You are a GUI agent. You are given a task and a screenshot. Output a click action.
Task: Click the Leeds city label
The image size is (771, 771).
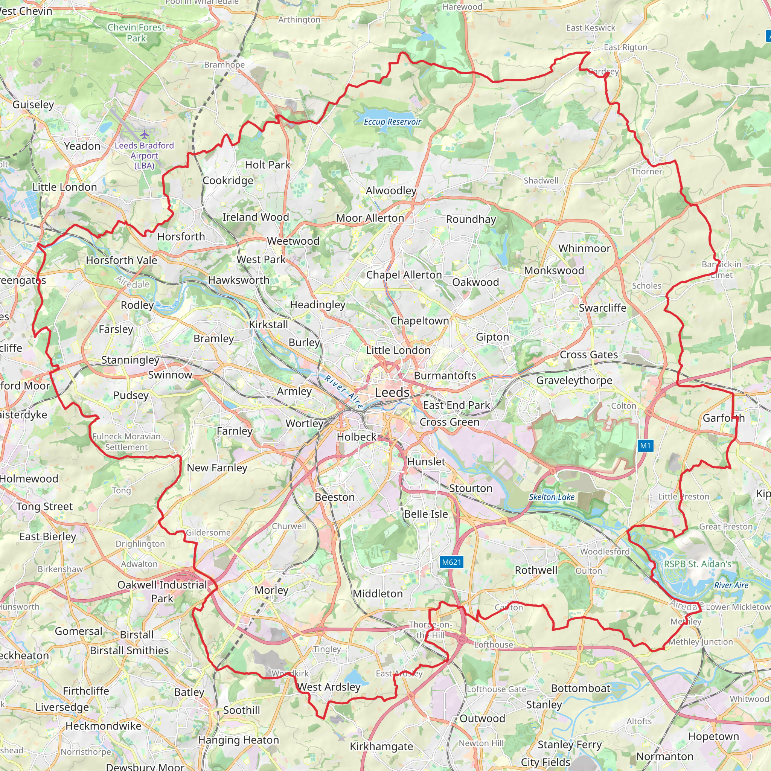tap(392, 392)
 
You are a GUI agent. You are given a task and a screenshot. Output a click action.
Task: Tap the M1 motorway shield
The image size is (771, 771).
tap(645, 445)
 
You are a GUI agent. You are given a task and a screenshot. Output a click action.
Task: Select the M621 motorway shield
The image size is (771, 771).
tap(452, 562)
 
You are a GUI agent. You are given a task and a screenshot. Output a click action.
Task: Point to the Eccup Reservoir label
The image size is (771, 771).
tap(392, 122)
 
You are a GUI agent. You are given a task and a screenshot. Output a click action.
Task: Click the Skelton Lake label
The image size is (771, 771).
tap(552, 497)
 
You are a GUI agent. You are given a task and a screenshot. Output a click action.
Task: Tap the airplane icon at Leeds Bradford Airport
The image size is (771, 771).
tap(145, 134)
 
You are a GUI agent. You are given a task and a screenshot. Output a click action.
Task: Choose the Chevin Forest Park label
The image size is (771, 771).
tap(136, 33)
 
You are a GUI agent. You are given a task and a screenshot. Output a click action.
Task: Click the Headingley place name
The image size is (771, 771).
tap(318, 305)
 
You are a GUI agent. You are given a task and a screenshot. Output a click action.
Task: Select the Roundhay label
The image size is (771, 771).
tap(471, 219)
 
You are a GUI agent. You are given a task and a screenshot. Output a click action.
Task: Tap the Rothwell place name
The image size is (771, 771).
tap(536, 570)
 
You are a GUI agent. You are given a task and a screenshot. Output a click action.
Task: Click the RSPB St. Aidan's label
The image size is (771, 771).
tap(698, 564)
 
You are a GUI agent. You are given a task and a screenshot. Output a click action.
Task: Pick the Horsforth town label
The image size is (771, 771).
tap(181, 236)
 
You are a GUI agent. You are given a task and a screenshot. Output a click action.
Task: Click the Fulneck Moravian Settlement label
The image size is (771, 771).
tap(126, 442)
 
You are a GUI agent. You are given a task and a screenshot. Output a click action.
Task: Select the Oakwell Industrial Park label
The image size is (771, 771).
tap(162, 591)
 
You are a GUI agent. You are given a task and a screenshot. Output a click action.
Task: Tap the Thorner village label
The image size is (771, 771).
tap(646, 172)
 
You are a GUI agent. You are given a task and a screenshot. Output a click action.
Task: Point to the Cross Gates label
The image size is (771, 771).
tap(589, 354)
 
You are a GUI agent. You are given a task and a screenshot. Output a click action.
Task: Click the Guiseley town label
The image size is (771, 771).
tap(33, 105)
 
